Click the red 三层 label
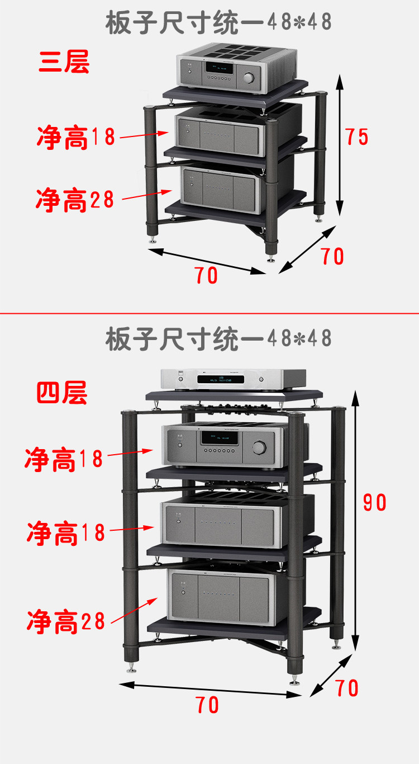(64, 62)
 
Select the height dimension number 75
(356, 136)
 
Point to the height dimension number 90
(374, 503)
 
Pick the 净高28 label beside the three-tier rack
(75, 200)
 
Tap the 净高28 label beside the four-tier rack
(66, 621)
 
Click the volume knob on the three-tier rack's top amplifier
(249, 77)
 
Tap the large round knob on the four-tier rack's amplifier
(259, 447)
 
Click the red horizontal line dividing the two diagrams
(209, 313)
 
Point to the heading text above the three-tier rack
(218, 22)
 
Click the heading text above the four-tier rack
(218, 339)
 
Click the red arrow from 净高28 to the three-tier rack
(146, 195)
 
